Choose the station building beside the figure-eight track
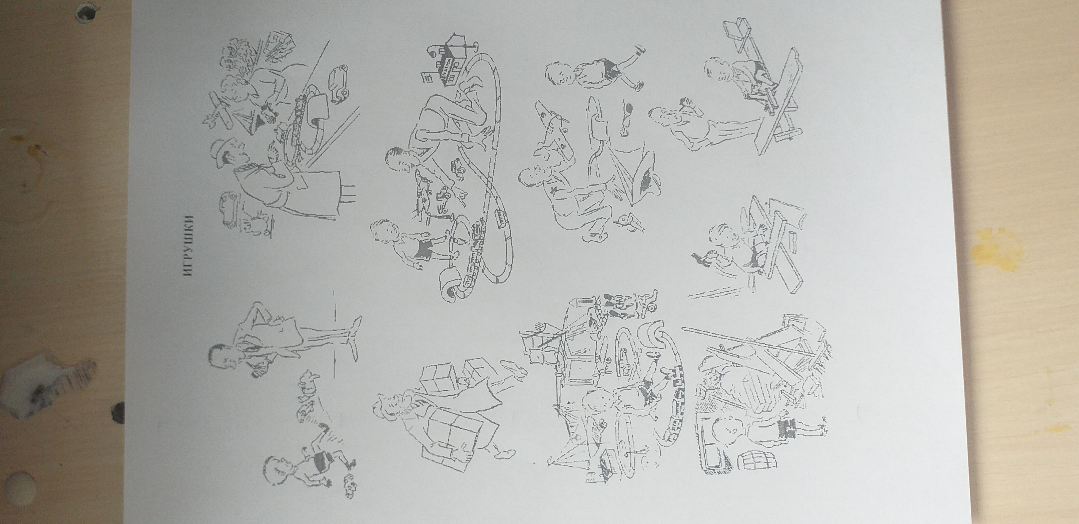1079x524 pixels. [x=450, y=61]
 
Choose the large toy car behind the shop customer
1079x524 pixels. [x=230, y=209]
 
